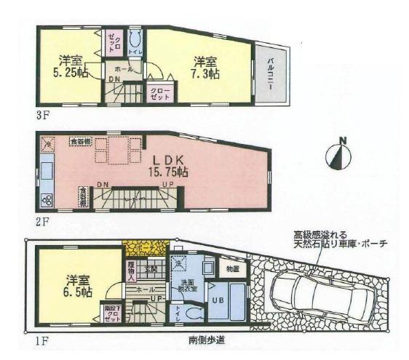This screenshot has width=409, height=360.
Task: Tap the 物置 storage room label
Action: click(x=232, y=269)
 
